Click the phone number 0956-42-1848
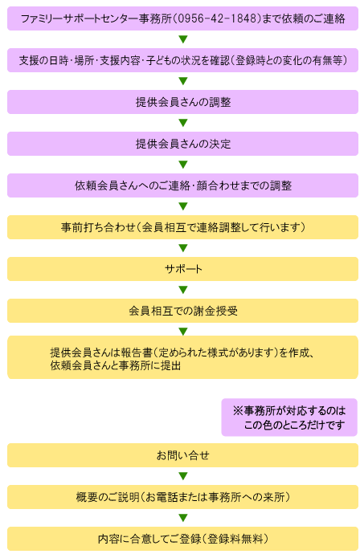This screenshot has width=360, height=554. click(217, 18)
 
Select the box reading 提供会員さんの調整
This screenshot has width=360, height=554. click(183, 102)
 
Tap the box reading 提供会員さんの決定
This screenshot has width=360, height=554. click(183, 144)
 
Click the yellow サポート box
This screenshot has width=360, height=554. click(183, 269)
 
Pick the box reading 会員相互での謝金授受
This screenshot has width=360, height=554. click(183, 311)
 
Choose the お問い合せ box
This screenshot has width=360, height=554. click(183, 455)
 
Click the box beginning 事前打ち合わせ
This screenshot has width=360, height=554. click(183, 227)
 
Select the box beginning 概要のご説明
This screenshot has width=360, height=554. click(183, 497)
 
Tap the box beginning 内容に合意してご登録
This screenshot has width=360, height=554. click(183, 539)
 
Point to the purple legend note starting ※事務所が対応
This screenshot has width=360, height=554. click(289, 418)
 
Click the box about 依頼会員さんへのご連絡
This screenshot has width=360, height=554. click(183, 185)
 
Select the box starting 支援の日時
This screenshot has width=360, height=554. click(183, 60)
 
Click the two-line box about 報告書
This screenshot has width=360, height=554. click(183, 357)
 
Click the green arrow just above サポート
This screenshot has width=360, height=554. click(183, 248)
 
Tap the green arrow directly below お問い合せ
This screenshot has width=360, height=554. click(183, 476)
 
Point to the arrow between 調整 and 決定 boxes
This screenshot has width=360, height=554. click(183, 123)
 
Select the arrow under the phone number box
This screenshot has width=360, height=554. click(183, 39)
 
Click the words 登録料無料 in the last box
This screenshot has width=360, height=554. click(235, 539)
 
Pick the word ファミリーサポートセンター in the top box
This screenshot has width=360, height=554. click(80, 18)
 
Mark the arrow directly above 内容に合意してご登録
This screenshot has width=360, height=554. click(183, 518)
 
